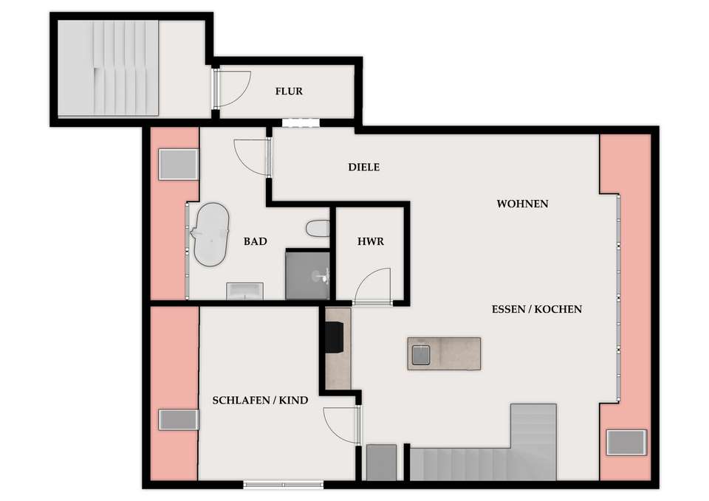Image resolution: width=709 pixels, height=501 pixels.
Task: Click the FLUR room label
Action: [289, 91]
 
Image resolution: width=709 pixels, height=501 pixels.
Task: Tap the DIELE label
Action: [364, 167]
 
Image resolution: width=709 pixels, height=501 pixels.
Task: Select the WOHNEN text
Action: [522, 204]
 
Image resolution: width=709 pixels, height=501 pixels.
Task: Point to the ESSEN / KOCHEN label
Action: [537, 309]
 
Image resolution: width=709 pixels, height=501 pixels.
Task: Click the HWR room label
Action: [371, 241]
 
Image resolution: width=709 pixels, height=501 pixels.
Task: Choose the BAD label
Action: [255, 241]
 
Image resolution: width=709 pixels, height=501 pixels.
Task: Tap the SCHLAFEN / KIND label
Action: [261, 400]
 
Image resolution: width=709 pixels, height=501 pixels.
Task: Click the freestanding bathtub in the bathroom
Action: [210, 235]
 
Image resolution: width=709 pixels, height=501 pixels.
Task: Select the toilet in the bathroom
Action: [318, 229]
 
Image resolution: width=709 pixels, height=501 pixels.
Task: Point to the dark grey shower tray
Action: [307, 275]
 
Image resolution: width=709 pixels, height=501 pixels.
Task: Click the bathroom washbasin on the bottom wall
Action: [244, 291]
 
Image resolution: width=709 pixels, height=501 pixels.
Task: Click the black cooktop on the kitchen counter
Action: [335, 336]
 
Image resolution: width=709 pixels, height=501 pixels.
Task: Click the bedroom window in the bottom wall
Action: [284, 485]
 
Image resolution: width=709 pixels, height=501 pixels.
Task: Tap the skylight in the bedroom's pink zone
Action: [179, 420]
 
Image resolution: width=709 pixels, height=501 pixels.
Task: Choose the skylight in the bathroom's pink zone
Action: [179, 165]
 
